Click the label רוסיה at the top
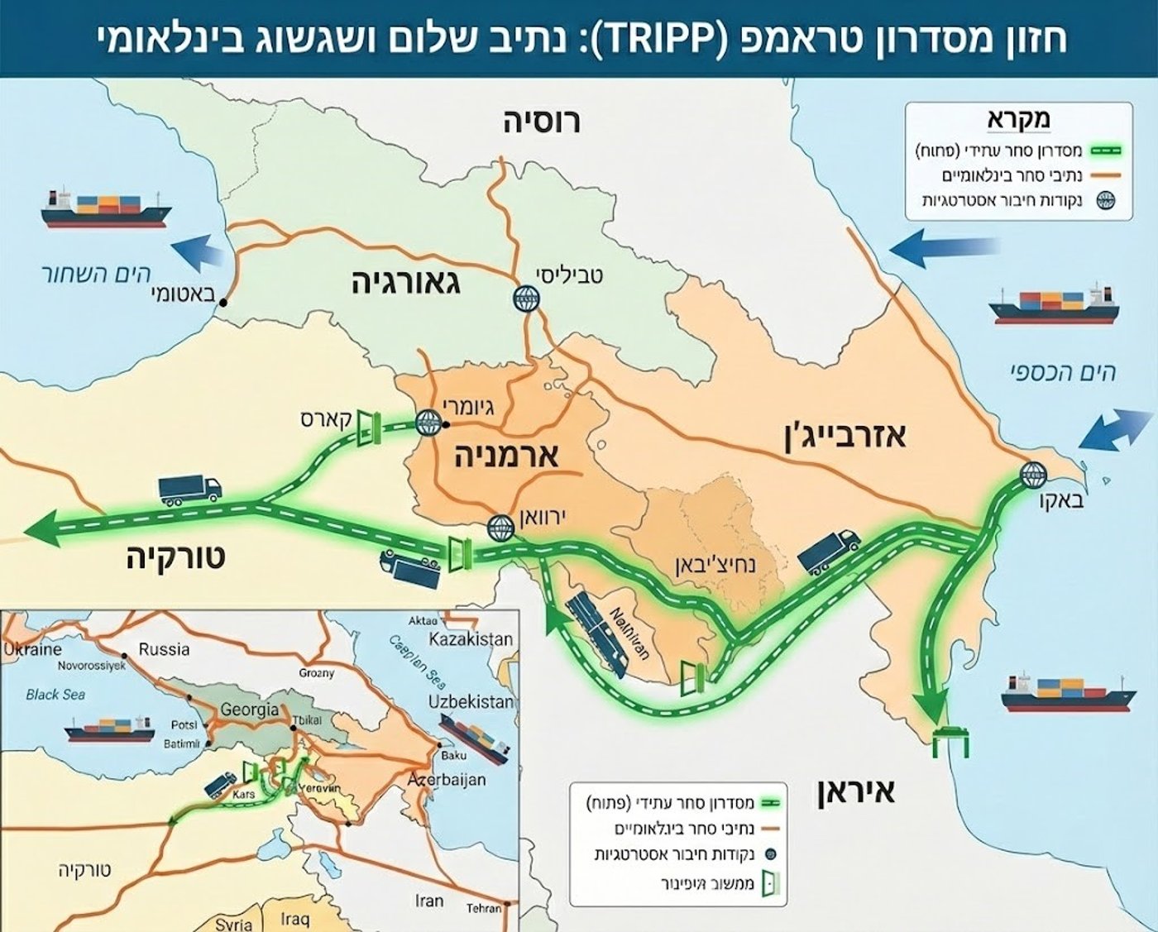[x=542, y=122]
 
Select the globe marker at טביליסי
[x=525, y=299]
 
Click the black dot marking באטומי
[x=222, y=304]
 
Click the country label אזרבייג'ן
[x=845, y=435]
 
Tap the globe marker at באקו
[x=1032, y=475]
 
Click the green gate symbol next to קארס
[x=367, y=428]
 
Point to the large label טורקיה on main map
[x=175, y=557]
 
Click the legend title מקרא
[x=1018, y=119]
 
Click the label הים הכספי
[x=1062, y=372]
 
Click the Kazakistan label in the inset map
[x=470, y=639]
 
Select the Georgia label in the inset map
[x=249, y=710]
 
